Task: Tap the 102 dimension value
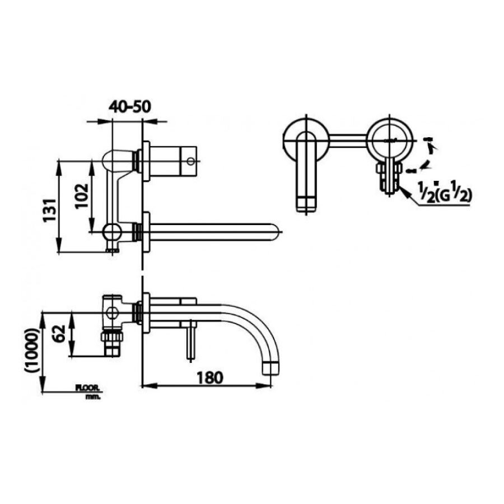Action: tap(82, 195)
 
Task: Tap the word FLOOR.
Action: tap(87, 388)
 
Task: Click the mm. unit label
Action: tap(92, 396)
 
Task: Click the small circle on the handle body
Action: tap(192, 162)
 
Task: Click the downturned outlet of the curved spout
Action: tap(273, 366)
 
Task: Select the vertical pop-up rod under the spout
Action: tap(190, 339)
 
